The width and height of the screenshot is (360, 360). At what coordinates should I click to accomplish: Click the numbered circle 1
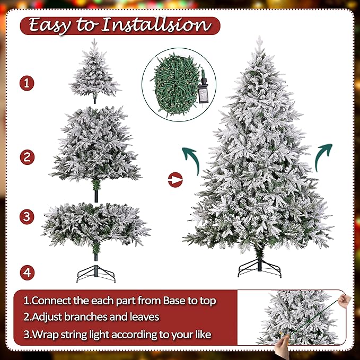(27, 83)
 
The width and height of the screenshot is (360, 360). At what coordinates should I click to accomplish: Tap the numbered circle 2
(27, 157)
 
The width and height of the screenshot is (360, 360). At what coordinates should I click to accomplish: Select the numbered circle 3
(27, 216)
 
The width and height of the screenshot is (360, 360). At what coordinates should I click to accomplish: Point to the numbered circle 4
(27, 273)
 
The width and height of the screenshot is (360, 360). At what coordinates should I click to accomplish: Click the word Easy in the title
(52, 25)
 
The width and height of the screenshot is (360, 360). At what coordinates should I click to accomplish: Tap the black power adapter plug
(203, 91)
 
